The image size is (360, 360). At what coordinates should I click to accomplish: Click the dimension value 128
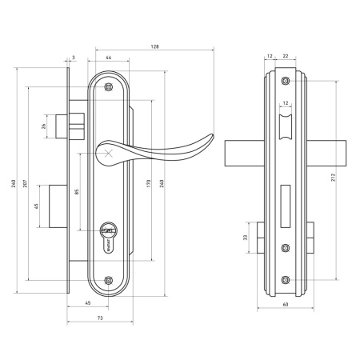[x=154, y=46]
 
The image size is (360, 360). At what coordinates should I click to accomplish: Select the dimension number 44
[x=109, y=58]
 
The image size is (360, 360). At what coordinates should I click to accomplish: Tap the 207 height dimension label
[x=25, y=183]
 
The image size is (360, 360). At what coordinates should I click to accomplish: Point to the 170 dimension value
[x=149, y=183]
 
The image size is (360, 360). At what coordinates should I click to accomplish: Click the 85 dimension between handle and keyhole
[x=77, y=191]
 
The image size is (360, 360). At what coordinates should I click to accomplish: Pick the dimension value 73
[x=100, y=318]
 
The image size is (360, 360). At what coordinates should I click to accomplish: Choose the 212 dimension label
[x=333, y=178]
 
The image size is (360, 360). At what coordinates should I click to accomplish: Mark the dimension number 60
[x=286, y=304]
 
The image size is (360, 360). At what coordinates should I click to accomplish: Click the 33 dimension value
[x=246, y=238]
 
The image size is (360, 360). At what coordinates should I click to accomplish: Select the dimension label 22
[x=286, y=56]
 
